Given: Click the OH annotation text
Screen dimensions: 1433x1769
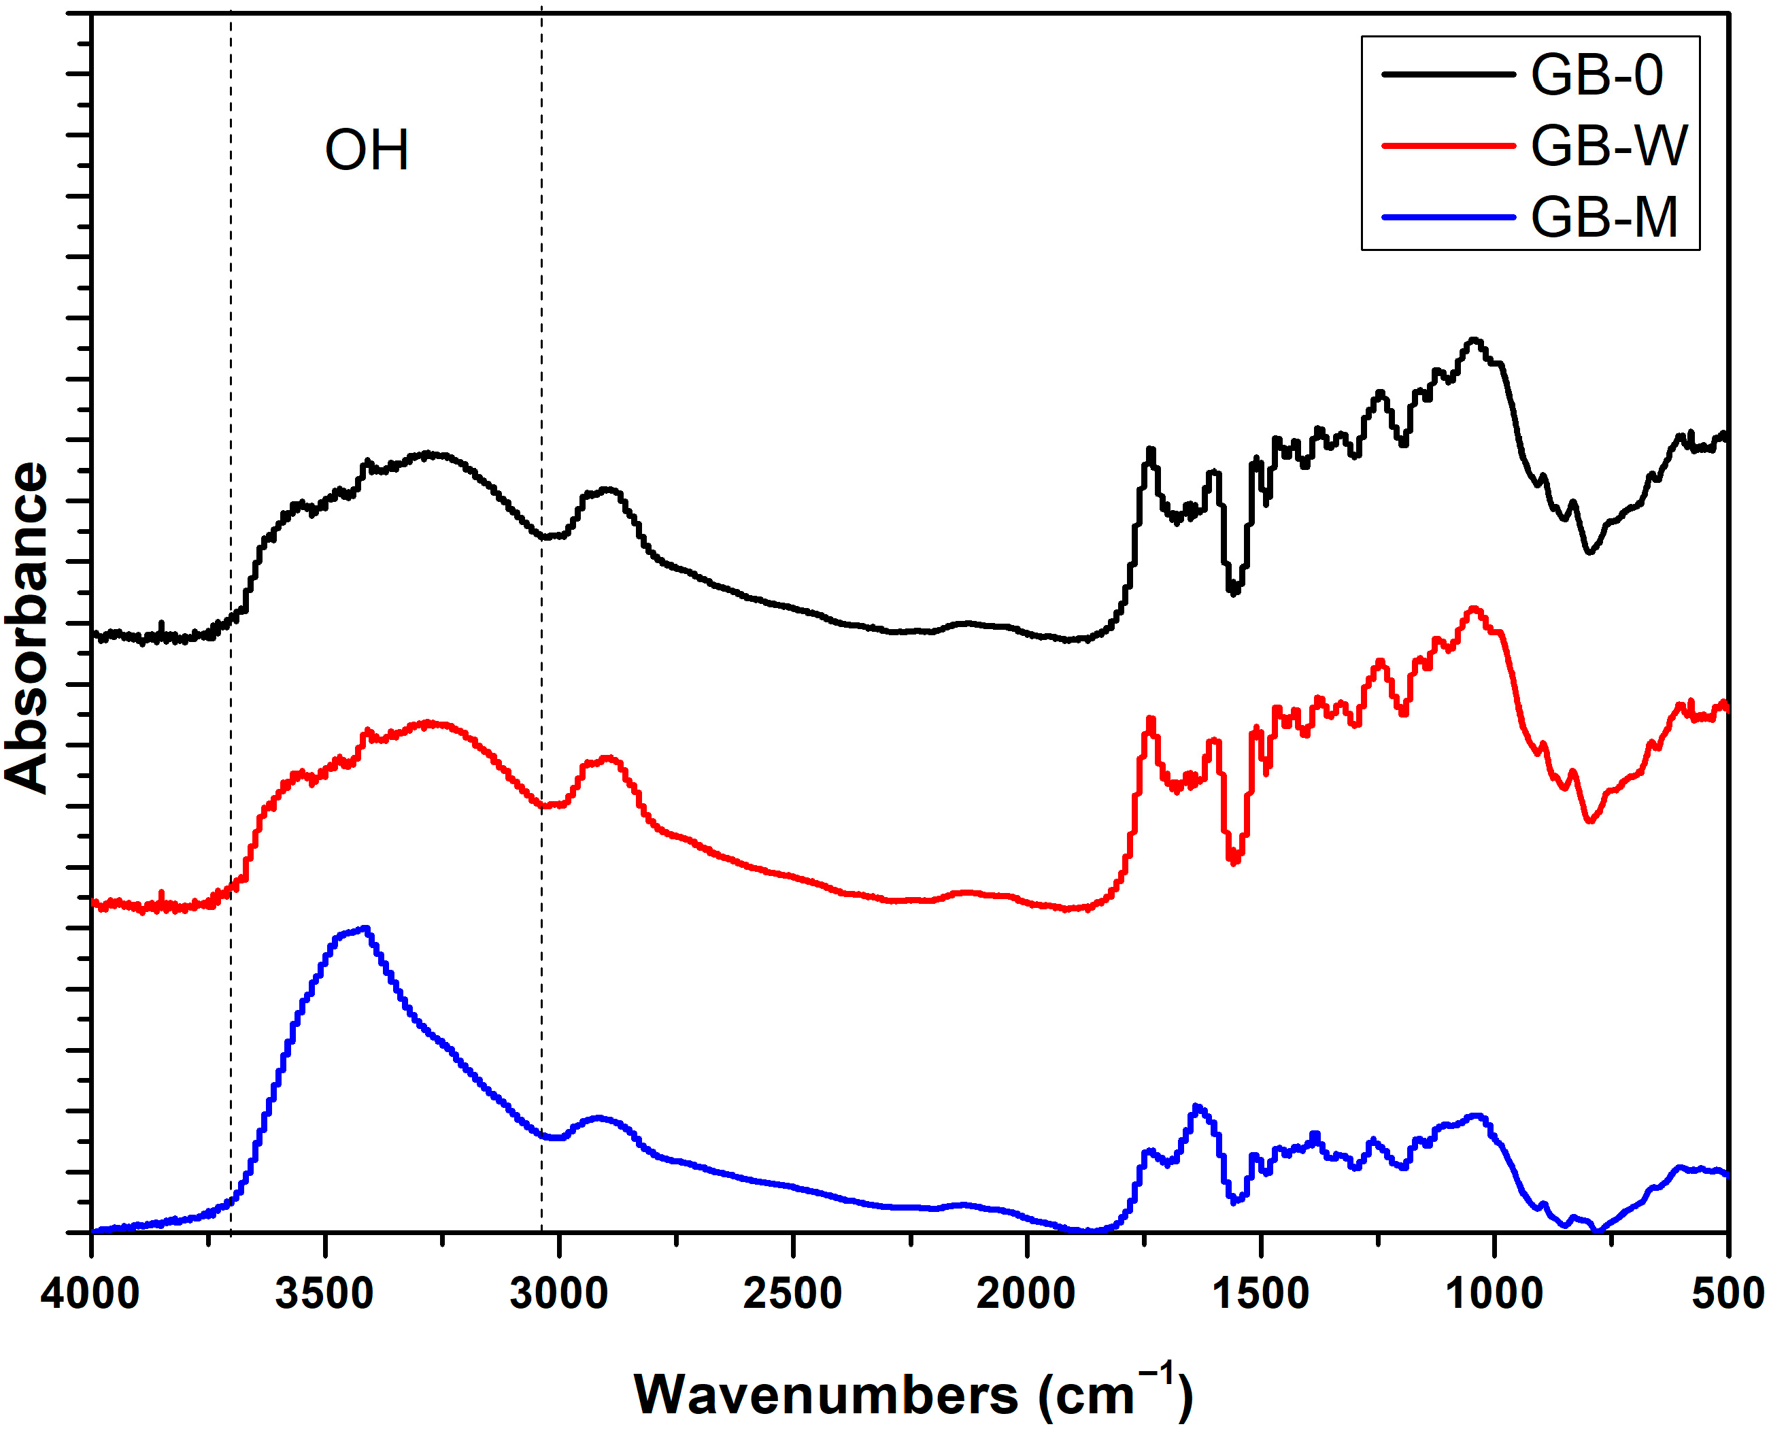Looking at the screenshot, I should pyautogui.click(x=367, y=150).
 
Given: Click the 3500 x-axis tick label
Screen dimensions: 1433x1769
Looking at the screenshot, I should pyautogui.click(x=324, y=1293).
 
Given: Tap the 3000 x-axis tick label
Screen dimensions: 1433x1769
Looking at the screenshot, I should pyautogui.click(x=559, y=1293).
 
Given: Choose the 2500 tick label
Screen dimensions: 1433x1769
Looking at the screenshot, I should pyautogui.click(x=792, y=1293).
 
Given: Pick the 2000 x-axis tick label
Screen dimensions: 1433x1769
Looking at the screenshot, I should pyautogui.click(x=1026, y=1293).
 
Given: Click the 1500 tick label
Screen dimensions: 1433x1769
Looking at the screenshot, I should pyautogui.click(x=1260, y=1293).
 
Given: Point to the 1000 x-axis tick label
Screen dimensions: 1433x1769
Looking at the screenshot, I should pyautogui.click(x=1494, y=1293).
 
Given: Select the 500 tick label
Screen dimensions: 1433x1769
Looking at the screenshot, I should pyautogui.click(x=1727, y=1293).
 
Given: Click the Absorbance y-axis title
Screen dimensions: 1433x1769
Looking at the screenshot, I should pyautogui.click(x=27, y=627).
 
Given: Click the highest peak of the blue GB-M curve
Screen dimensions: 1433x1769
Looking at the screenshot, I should pyautogui.click(x=365, y=928).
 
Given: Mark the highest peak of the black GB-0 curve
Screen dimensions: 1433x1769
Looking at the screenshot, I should pyautogui.click(x=1475, y=339).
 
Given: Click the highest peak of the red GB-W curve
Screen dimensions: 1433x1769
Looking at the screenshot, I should pyautogui.click(x=1475, y=609).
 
